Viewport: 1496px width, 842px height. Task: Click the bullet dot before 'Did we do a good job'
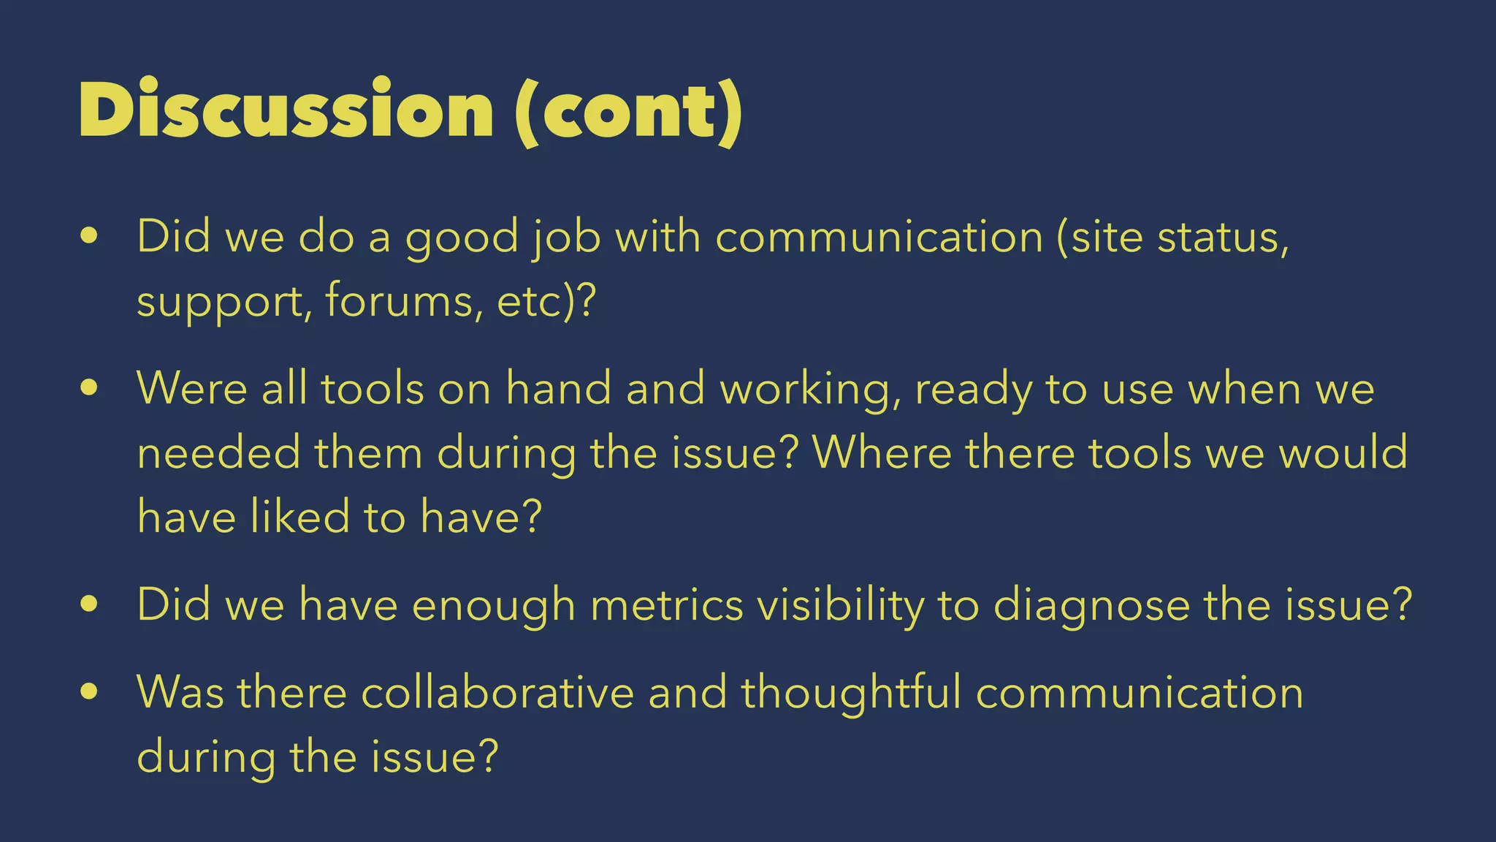click(89, 236)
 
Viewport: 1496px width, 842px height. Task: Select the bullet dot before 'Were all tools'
click(89, 388)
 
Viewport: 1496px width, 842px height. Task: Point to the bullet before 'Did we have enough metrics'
click(89, 604)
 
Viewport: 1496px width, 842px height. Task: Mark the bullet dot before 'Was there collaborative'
click(89, 691)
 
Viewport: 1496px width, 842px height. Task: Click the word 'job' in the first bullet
click(566, 238)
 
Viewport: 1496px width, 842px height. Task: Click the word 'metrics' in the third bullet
click(666, 605)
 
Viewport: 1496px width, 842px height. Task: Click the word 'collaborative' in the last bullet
click(497, 691)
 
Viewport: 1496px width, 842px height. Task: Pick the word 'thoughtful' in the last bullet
click(852, 691)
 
